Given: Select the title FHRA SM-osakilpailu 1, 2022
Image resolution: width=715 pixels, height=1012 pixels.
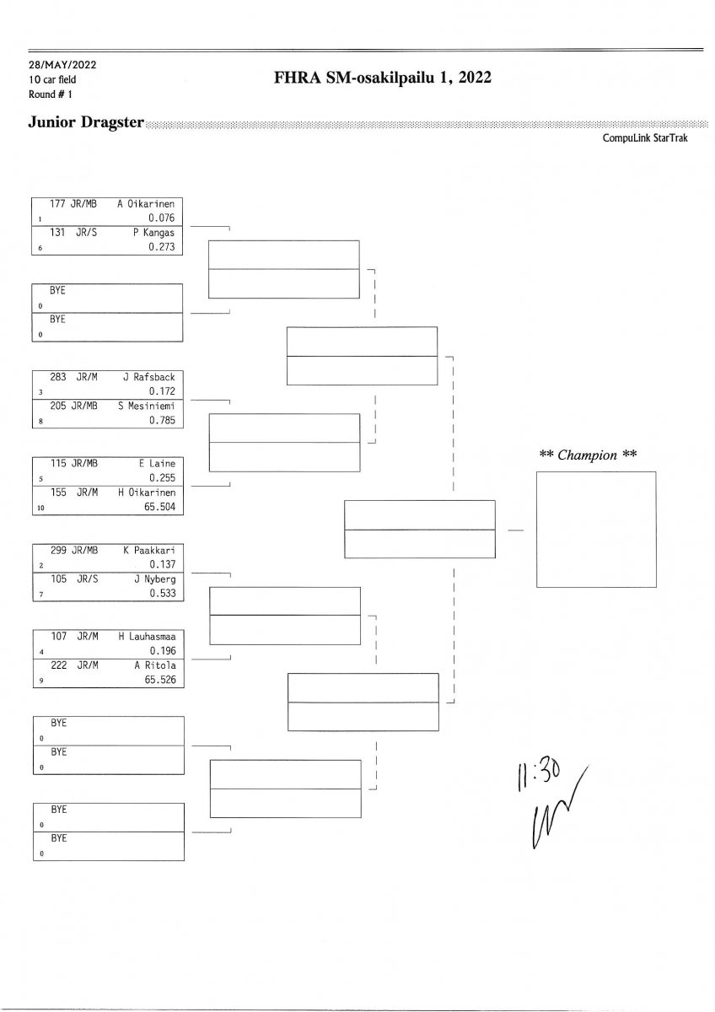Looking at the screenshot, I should pyautogui.click(x=382, y=78).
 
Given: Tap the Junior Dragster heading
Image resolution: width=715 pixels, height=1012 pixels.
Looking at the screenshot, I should pyautogui.click(x=86, y=121).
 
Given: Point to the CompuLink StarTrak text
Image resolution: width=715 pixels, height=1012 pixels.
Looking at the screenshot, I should pyautogui.click(x=645, y=137).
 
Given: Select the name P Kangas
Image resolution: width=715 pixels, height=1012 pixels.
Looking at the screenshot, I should pyautogui.click(x=153, y=232).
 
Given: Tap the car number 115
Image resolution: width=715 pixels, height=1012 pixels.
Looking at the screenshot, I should pyautogui.click(x=58, y=463).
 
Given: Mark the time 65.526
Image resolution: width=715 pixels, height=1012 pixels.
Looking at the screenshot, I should pyautogui.click(x=159, y=680).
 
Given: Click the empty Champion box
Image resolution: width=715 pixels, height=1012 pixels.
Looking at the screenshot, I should pyautogui.click(x=595, y=529).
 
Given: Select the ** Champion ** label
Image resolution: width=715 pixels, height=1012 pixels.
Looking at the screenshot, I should pyautogui.click(x=588, y=454).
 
